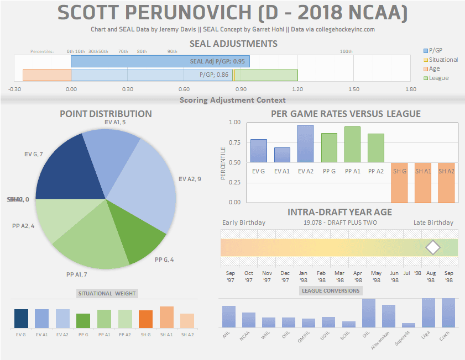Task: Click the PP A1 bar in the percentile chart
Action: (x=352, y=145)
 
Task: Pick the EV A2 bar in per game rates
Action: (x=305, y=144)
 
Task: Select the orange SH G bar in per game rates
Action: (x=399, y=182)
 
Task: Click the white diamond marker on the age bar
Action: (x=433, y=247)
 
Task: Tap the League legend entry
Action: (x=438, y=78)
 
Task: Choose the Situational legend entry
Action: (x=443, y=60)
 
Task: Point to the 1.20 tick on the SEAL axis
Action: (x=297, y=89)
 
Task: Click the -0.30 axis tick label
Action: (x=15, y=89)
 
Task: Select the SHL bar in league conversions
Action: (x=369, y=313)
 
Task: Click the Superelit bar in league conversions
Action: (x=409, y=325)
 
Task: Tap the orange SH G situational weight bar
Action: (x=145, y=319)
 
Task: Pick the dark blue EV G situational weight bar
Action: (x=21, y=319)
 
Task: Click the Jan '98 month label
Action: (x=304, y=276)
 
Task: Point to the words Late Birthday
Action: (x=433, y=223)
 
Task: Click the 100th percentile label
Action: (x=346, y=51)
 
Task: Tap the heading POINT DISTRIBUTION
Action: (x=106, y=114)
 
